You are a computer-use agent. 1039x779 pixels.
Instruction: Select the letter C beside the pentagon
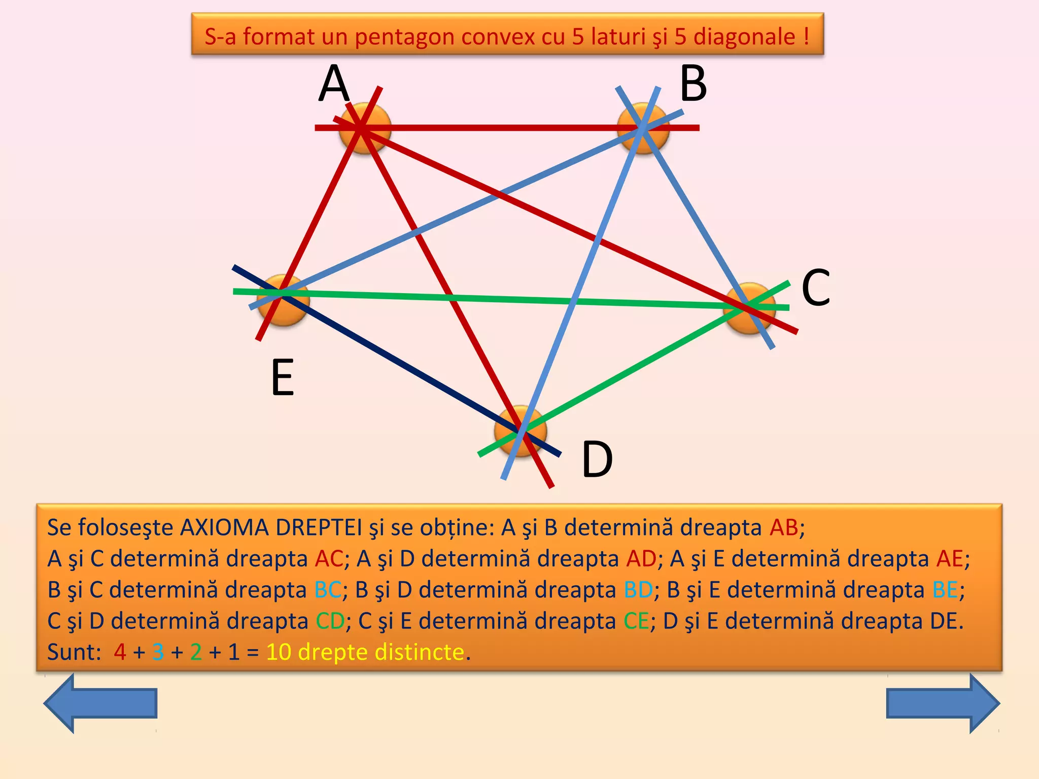816,288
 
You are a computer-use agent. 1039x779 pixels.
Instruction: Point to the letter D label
597,459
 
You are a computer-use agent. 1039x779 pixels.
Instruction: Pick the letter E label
283,377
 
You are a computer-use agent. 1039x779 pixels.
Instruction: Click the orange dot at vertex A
365,128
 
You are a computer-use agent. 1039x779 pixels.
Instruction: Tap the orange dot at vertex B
643,128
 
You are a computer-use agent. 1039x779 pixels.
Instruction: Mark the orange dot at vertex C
749,308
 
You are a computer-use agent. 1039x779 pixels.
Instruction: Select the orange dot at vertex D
521,431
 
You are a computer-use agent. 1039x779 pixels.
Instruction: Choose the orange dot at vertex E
283,300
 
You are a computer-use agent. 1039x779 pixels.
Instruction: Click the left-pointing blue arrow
100,703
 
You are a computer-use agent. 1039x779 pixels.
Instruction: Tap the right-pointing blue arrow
943,703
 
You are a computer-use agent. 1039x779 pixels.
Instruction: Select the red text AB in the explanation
784,527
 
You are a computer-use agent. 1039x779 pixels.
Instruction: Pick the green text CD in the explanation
330,621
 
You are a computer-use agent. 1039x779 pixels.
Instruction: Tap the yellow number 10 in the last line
279,652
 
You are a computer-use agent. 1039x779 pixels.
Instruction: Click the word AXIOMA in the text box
224,527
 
